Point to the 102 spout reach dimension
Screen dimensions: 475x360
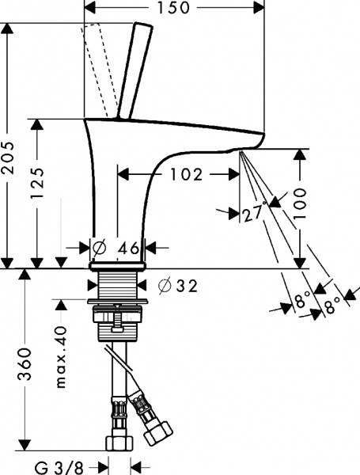[x=187, y=173]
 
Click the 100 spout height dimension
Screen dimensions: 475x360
[x=299, y=207]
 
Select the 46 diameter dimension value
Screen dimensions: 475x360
[x=128, y=248]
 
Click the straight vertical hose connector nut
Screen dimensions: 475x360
[x=117, y=439]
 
